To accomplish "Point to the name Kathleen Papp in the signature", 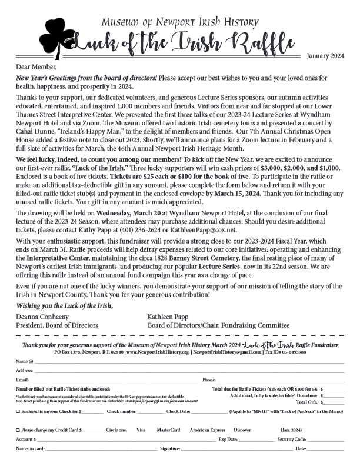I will point(170,316).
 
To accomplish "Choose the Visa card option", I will point(141,430).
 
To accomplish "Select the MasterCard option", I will point(168,430).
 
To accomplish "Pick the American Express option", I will point(207,430).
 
